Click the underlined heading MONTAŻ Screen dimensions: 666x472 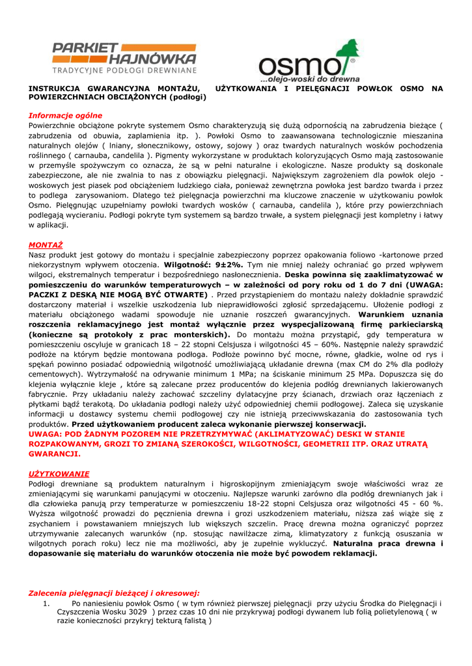tap(46, 245)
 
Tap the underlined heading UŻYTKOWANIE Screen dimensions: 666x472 tap(59, 473)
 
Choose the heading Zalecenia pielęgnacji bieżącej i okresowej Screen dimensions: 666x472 tap(114, 593)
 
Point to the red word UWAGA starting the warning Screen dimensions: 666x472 tap(45, 433)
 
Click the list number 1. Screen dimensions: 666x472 tap(46, 603)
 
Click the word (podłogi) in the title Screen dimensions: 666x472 tap(187, 97)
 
